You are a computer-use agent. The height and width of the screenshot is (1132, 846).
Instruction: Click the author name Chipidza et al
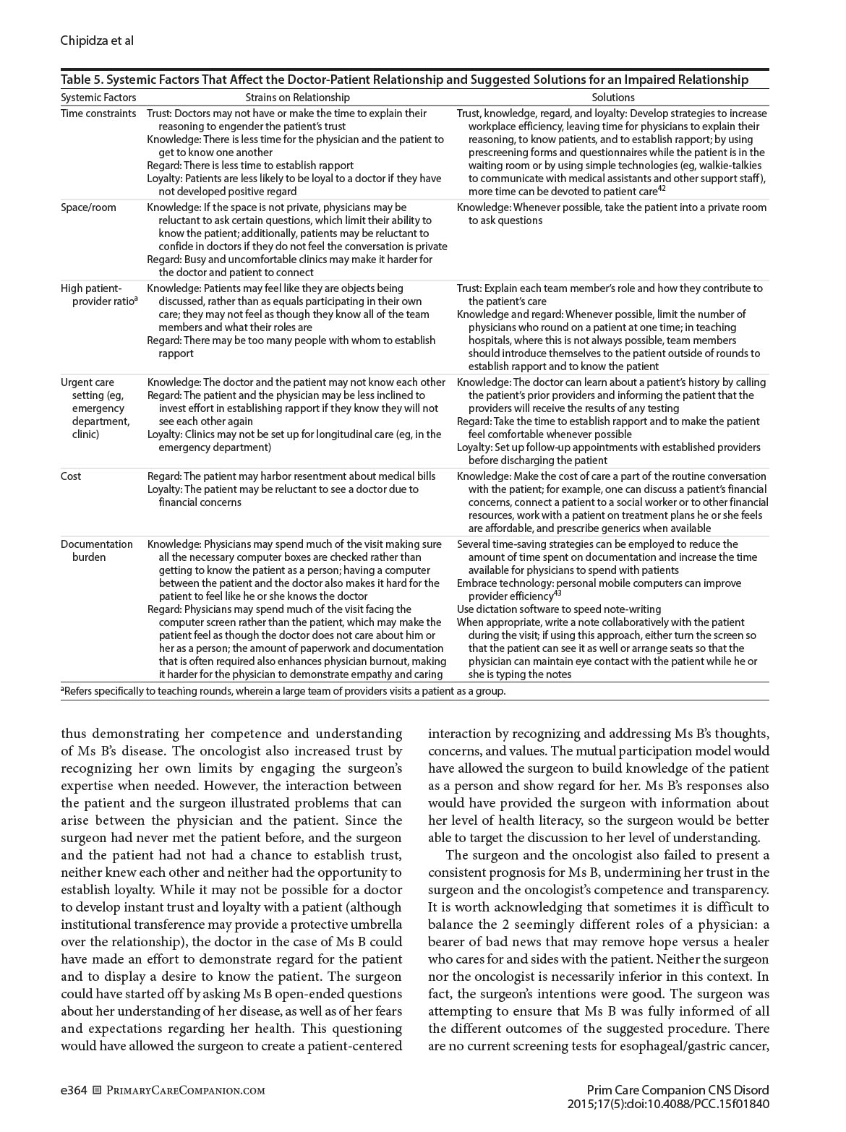coord(97,40)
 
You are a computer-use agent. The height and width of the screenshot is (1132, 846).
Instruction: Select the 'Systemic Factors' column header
coord(98,98)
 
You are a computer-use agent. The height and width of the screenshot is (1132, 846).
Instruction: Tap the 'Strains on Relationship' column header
coord(297,98)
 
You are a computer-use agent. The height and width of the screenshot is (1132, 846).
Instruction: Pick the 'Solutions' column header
coord(612,98)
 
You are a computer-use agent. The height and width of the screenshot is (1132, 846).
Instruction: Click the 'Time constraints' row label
coord(98,113)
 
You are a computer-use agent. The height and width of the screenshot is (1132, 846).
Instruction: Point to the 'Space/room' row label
coord(88,207)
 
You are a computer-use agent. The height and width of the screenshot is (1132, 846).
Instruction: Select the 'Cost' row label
coord(71,476)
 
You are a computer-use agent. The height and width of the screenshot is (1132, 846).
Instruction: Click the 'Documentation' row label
coord(97,544)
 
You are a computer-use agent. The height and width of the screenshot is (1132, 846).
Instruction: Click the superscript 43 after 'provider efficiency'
coord(557,593)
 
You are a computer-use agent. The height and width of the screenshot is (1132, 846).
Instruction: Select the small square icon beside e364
coord(98,1091)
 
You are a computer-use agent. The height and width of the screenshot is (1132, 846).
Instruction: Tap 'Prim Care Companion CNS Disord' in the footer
coord(678,1090)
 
